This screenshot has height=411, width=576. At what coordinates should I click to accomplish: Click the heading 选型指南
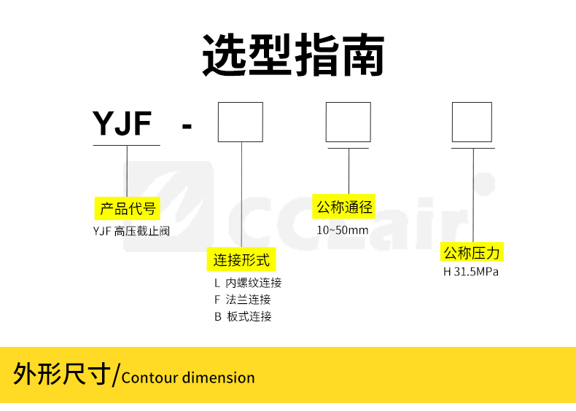pyautogui.click(x=293, y=55)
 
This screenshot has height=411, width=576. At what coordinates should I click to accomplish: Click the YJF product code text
pyautogui.click(x=122, y=123)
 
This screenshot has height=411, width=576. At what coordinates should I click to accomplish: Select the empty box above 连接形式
pyautogui.click(x=241, y=122)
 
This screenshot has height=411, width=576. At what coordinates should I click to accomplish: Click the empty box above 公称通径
pyautogui.click(x=348, y=122)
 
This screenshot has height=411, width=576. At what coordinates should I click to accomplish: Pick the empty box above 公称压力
pyautogui.click(x=472, y=122)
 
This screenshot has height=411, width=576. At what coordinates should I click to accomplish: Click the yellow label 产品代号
pyautogui.click(x=128, y=209)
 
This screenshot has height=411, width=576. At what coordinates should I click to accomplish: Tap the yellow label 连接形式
pyautogui.click(x=241, y=260)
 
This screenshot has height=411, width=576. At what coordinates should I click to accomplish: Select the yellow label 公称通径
pyautogui.click(x=344, y=207)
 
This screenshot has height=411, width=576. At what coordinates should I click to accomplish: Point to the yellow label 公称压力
pyautogui.click(x=473, y=253)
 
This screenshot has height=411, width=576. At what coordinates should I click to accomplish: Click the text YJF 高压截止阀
pyautogui.click(x=131, y=232)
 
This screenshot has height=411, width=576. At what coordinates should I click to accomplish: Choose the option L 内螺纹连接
pyautogui.click(x=247, y=283)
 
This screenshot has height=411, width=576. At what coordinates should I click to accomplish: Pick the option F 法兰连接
pyautogui.click(x=242, y=300)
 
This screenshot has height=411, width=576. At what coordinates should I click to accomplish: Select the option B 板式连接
pyautogui.click(x=242, y=316)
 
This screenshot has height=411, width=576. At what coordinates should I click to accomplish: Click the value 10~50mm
pyautogui.click(x=342, y=230)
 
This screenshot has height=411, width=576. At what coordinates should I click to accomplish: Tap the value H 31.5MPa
pyautogui.click(x=471, y=273)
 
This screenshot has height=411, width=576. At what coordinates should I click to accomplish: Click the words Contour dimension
pyautogui.click(x=188, y=377)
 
